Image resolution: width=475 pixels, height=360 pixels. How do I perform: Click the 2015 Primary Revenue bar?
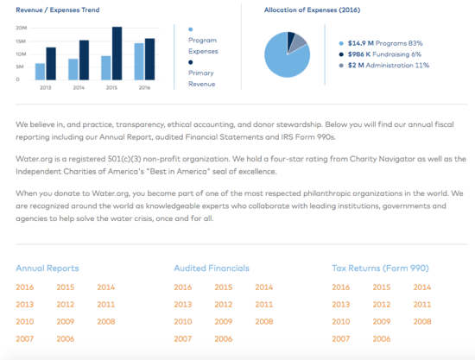pos(117,54)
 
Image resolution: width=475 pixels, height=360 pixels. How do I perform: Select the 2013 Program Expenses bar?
pos(40,72)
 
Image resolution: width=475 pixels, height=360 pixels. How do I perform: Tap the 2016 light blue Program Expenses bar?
pos(139,61)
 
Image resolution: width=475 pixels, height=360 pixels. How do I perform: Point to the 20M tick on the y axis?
pos(22,28)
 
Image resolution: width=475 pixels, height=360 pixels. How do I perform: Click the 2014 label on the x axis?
pos(79,87)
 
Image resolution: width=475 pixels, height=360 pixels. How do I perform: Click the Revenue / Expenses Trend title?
pos(58,10)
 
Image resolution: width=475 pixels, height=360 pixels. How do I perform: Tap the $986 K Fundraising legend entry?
pos(380,54)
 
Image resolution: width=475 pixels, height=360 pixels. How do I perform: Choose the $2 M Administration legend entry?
pos(383,65)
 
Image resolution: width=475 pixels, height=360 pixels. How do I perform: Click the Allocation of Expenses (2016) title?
pos(312,10)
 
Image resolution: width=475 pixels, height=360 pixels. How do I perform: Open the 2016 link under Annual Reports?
pos(25,287)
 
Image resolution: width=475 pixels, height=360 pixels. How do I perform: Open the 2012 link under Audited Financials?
pos(224,304)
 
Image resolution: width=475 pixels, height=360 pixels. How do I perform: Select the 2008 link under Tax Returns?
pos(422,321)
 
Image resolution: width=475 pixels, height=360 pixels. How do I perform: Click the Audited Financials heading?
pos(212,268)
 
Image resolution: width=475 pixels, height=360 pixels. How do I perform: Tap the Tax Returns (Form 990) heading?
pos(380,268)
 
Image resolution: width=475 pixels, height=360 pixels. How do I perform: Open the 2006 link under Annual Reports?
pos(66,338)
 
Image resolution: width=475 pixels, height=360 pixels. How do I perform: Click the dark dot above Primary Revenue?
pos(190,62)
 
